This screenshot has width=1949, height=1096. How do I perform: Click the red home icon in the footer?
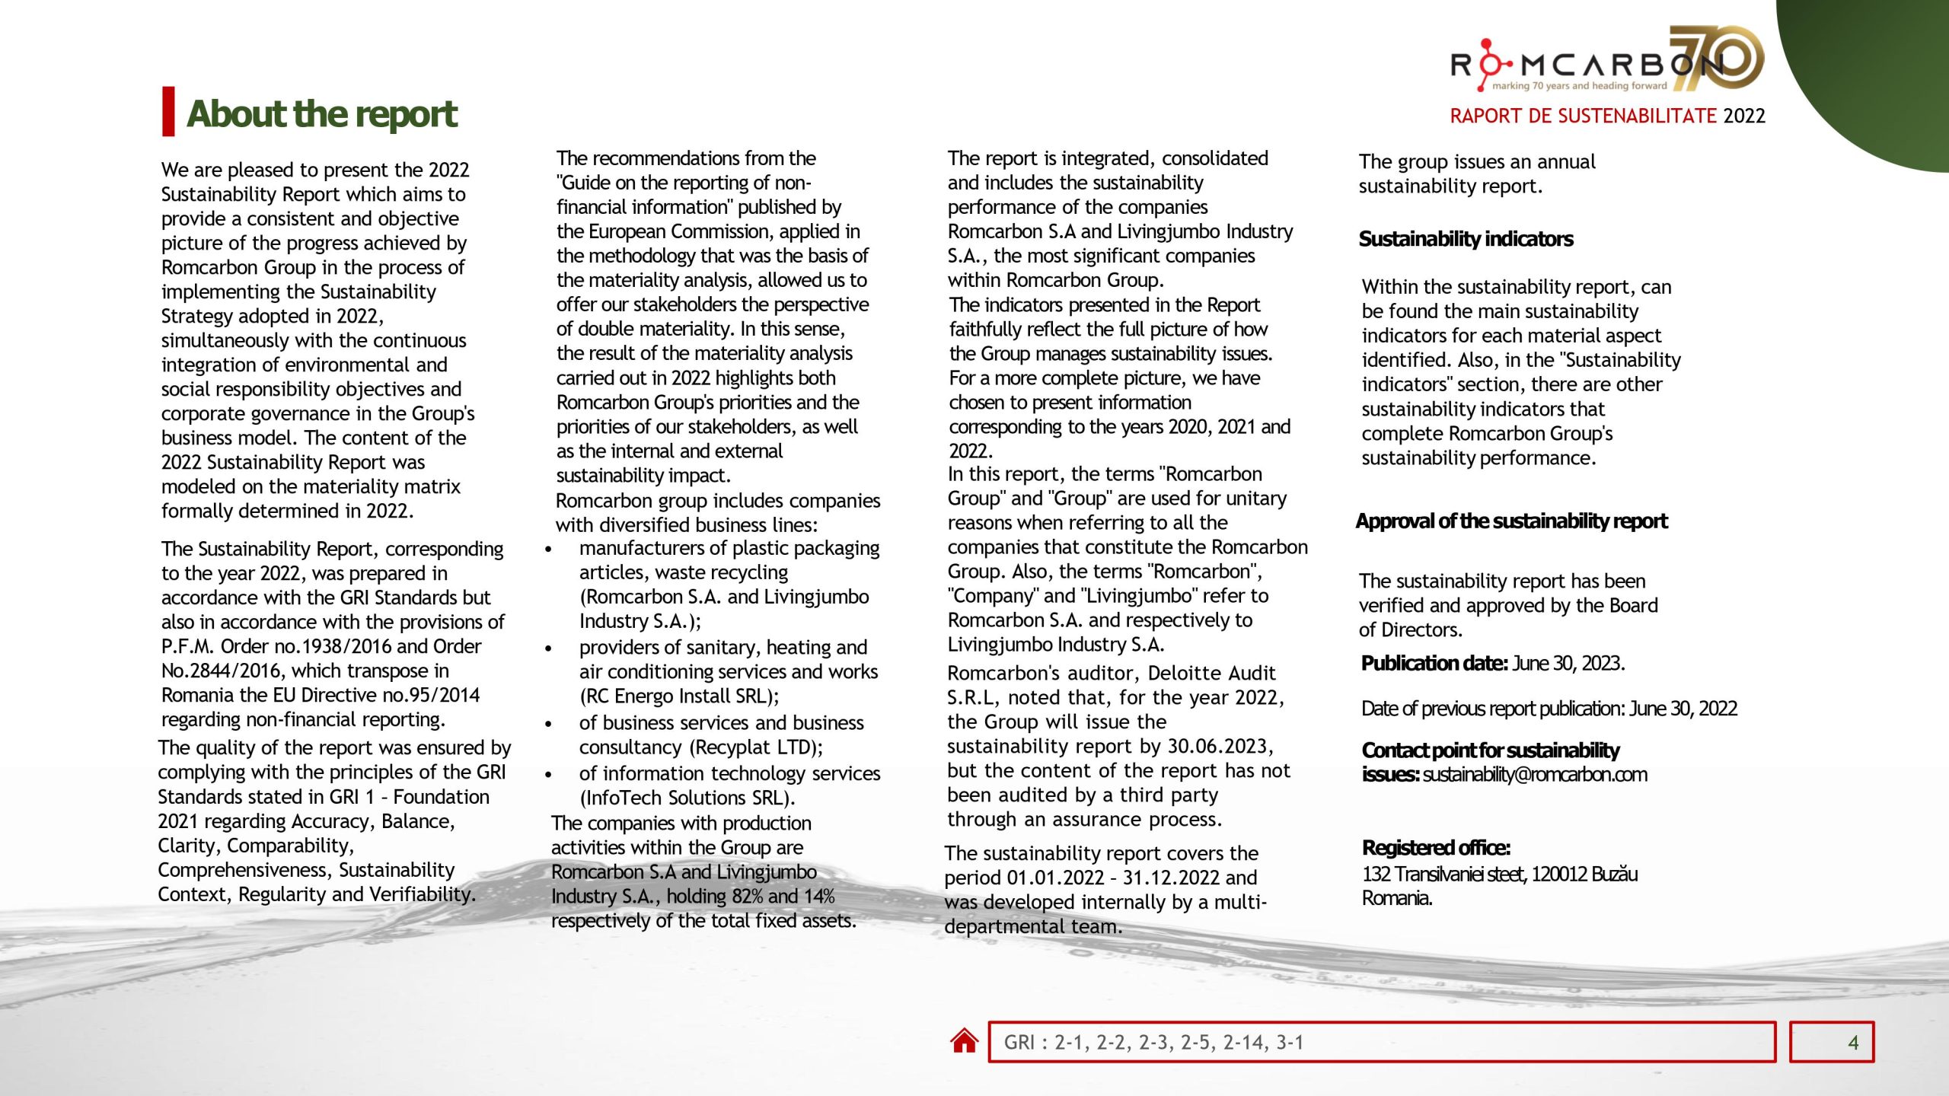tap(964, 1041)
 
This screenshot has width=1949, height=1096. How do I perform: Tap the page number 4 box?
tap(1831, 1042)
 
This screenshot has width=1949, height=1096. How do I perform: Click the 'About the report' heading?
tap(321, 114)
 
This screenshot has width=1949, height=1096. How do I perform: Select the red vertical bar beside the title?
tap(168, 112)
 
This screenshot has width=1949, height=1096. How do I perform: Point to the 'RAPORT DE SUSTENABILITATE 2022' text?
tap(1606, 116)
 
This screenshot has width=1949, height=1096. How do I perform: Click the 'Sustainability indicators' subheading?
tap(1466, 239)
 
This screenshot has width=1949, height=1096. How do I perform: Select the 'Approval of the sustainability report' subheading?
tap(1511, 521)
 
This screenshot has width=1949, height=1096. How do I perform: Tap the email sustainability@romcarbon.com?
tap(1535, 775)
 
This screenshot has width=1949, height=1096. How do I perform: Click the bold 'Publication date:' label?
tap(1434, 664)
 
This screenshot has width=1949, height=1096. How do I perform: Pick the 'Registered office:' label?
tap(1436, 848)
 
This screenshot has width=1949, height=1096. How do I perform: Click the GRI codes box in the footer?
tap(1381, 1042)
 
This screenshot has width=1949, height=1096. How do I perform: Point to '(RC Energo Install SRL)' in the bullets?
tap(678, 696)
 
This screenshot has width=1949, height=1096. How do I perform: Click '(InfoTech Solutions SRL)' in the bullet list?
tap(687, 798)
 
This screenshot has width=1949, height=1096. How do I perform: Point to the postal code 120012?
tap(1558, 875)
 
